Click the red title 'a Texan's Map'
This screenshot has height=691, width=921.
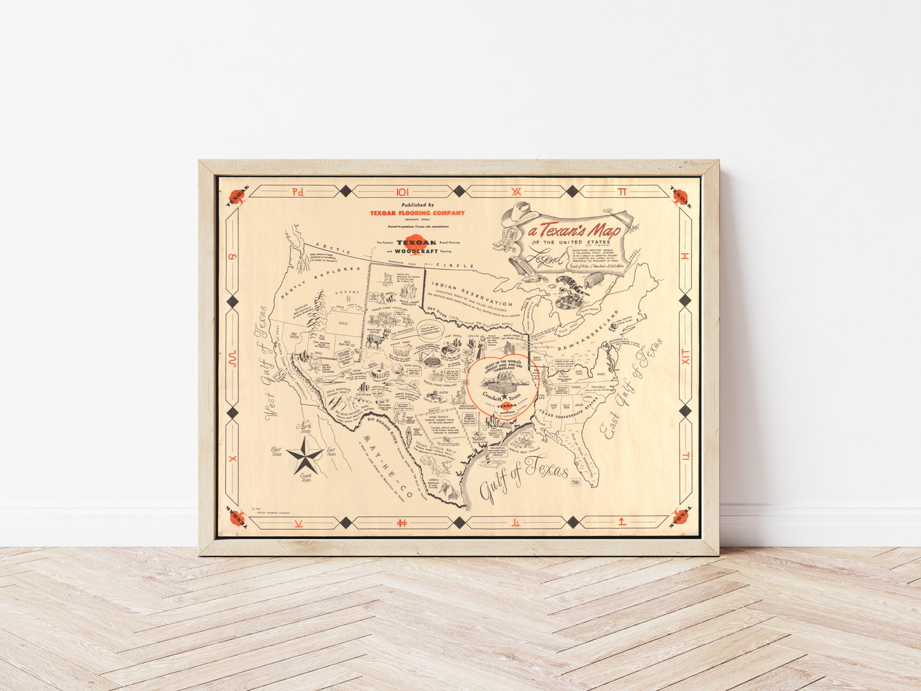click(573, 230)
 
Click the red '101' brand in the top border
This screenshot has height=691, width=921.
click(403, 191)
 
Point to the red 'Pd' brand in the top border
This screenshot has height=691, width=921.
click(298, 191)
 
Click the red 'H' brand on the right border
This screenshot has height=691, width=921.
click(686, 256)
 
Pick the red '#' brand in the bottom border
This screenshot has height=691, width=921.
click(402, 523)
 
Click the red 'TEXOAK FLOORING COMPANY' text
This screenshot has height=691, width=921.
click(417, 213)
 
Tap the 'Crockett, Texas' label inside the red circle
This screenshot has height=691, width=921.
click(501, 396)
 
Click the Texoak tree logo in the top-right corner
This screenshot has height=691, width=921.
click(682, 196)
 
